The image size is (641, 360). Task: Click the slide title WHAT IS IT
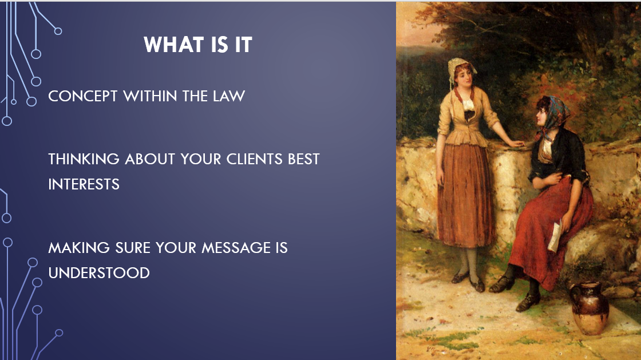tap(197, 45)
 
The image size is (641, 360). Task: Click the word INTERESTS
tap(84, 184)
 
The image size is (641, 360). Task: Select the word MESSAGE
tap(235, 248)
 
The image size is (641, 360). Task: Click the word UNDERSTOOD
tap(99, 273)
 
